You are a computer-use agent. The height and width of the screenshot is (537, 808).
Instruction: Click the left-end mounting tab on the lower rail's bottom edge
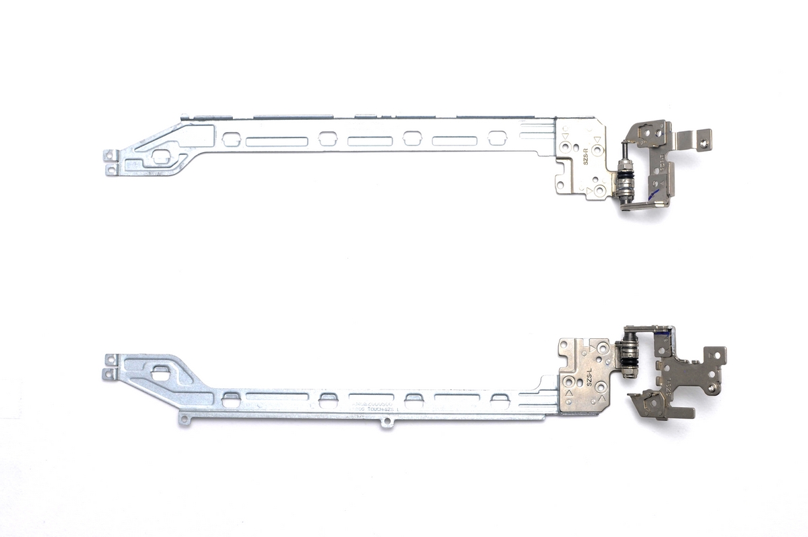(x=184, y=420)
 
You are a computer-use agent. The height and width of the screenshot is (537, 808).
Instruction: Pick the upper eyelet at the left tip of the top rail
(x=108, y=155)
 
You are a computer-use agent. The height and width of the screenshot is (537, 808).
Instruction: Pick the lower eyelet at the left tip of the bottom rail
(x=108, y=373)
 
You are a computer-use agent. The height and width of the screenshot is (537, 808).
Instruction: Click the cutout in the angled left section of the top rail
(x=160, y=156)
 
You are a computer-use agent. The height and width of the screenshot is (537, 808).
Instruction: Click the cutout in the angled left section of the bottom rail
(x=161, y=369)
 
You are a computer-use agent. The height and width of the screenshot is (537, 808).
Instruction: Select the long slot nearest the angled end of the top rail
(x=277, y=141)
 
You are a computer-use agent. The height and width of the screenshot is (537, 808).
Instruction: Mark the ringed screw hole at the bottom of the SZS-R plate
(x=599, y=191)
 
